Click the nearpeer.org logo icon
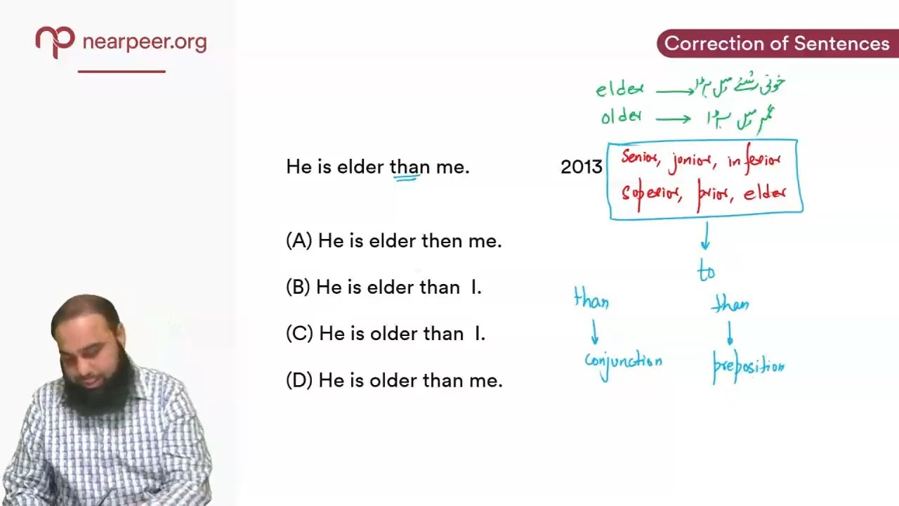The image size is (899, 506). click(x=55, y=41)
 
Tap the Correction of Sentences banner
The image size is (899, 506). click(x=776, y=44)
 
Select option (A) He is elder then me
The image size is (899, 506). click(x=393, y=241)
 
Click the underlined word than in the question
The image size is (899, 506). click(x=409, y=167)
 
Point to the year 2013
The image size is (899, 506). click(x=581, y=167)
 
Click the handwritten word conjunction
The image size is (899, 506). click(x=623, y=361)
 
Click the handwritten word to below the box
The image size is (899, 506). click(x=706, y=272)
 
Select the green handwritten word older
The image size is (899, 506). click(x=620, y=117)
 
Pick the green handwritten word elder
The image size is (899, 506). click(x=619, y=89)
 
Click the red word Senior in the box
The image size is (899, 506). click(x=640, y=159)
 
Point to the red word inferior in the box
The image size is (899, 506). click(x=754, y=161)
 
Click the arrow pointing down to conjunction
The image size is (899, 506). click(x=595, y=332)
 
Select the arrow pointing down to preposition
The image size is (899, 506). click(x=730, y=333)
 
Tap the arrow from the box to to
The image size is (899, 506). click(x=705, y=236)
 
